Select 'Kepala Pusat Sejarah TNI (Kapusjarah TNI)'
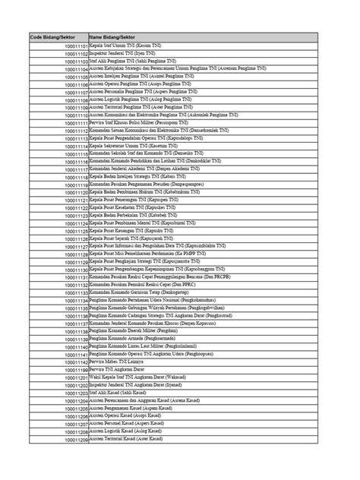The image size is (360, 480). point(137,238)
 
